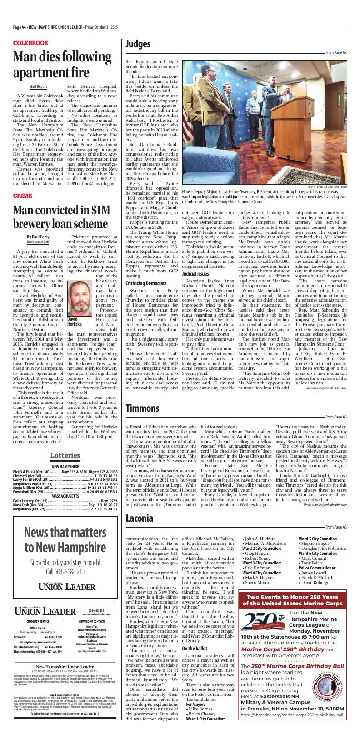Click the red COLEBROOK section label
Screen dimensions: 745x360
(x=30, y=43)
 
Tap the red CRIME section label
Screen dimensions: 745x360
(x=23, y=196)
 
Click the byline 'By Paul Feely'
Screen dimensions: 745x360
(x=38, y=237)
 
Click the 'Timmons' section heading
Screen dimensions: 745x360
(x=142, y=408)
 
